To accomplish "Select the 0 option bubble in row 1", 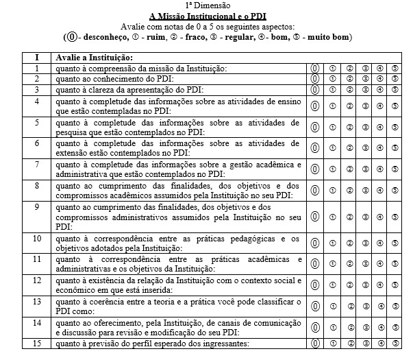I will (316, 69).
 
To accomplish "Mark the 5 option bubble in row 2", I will (396, 79).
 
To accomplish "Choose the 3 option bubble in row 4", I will (366, 106).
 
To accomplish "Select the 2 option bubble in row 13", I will (349, 304).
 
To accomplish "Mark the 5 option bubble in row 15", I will (396, 344).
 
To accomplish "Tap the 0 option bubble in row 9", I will (316, 217).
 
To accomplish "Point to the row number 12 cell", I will (38, 280).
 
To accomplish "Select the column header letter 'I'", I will (37, 58).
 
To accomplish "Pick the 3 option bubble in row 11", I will (366, 263).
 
